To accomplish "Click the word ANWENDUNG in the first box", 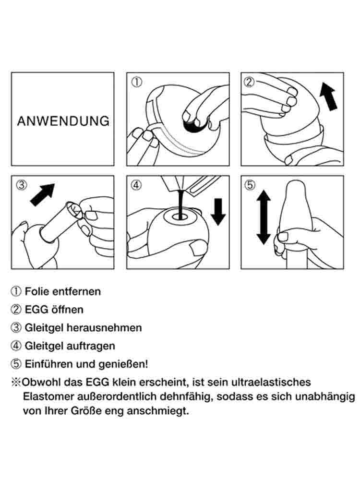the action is coord(63,121).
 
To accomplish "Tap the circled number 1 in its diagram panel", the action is coord(136,82).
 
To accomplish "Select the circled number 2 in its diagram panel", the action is coord(249,82).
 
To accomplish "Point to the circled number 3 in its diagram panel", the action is coord(22,185).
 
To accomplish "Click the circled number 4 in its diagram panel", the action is coord(136,185).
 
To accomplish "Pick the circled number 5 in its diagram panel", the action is coord(250,185).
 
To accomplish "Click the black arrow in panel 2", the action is coord(328,96).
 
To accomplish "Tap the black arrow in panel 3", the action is coord(42,195).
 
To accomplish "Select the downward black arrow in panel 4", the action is coord(218,212).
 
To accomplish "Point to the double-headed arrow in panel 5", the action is coord(263,217).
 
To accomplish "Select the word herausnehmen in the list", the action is coord(104,327).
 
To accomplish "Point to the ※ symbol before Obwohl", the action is coord(16,383).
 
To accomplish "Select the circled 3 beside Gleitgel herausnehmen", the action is coord(16,328).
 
